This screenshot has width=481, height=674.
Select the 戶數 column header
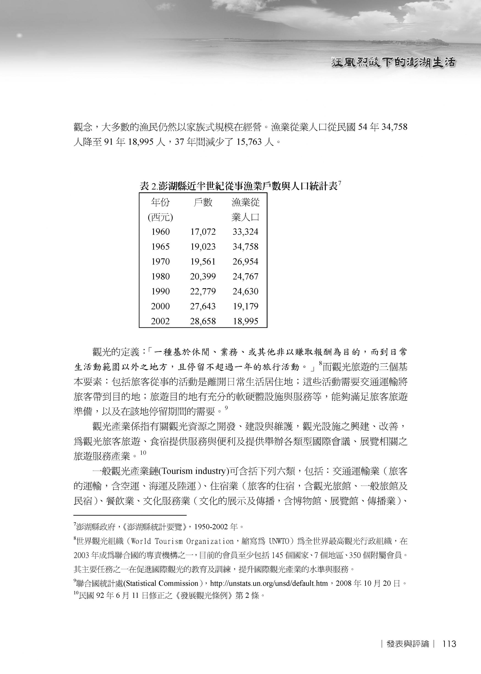203,202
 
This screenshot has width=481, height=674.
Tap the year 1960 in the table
160,232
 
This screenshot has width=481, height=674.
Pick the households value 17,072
203,232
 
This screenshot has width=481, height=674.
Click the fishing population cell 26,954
245,262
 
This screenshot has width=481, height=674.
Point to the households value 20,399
203,276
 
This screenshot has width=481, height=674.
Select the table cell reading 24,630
245,291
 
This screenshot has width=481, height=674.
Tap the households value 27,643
203,306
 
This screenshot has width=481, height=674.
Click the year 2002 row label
160,321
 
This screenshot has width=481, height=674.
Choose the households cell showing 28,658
203,321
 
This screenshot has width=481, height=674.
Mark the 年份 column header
160,202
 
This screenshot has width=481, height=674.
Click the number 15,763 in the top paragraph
249,142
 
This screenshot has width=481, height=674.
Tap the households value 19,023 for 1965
203,247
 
